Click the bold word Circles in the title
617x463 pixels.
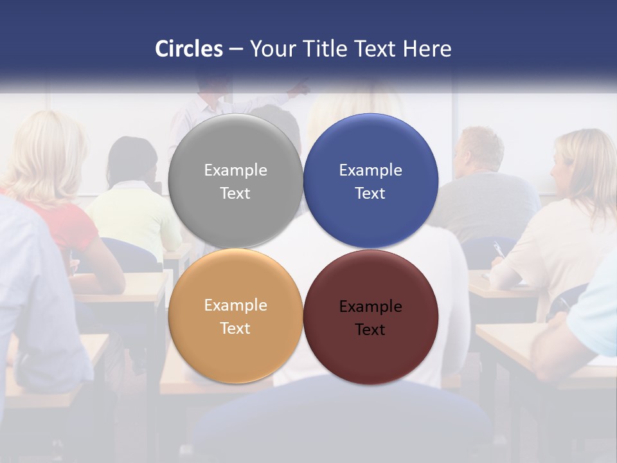pyautogui.click(x=189, y=49)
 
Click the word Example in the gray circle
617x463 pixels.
pyautogui.click(x=235, y=170)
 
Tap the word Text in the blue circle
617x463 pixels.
pyautogui.click(x=370, y=193)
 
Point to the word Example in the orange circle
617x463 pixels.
pyautogui.click(x=235, y=305)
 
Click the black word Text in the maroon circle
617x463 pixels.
pyautogui.click(x=370, y=329)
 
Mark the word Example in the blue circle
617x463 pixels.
pyautogui.click(x=370, y=170)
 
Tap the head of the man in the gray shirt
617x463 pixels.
pyautogui.click(x=479, y=148)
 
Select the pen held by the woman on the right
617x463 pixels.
pyautogui.click(x=497, y=249)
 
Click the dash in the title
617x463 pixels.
pyautogui.click(x=236, y=50)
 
